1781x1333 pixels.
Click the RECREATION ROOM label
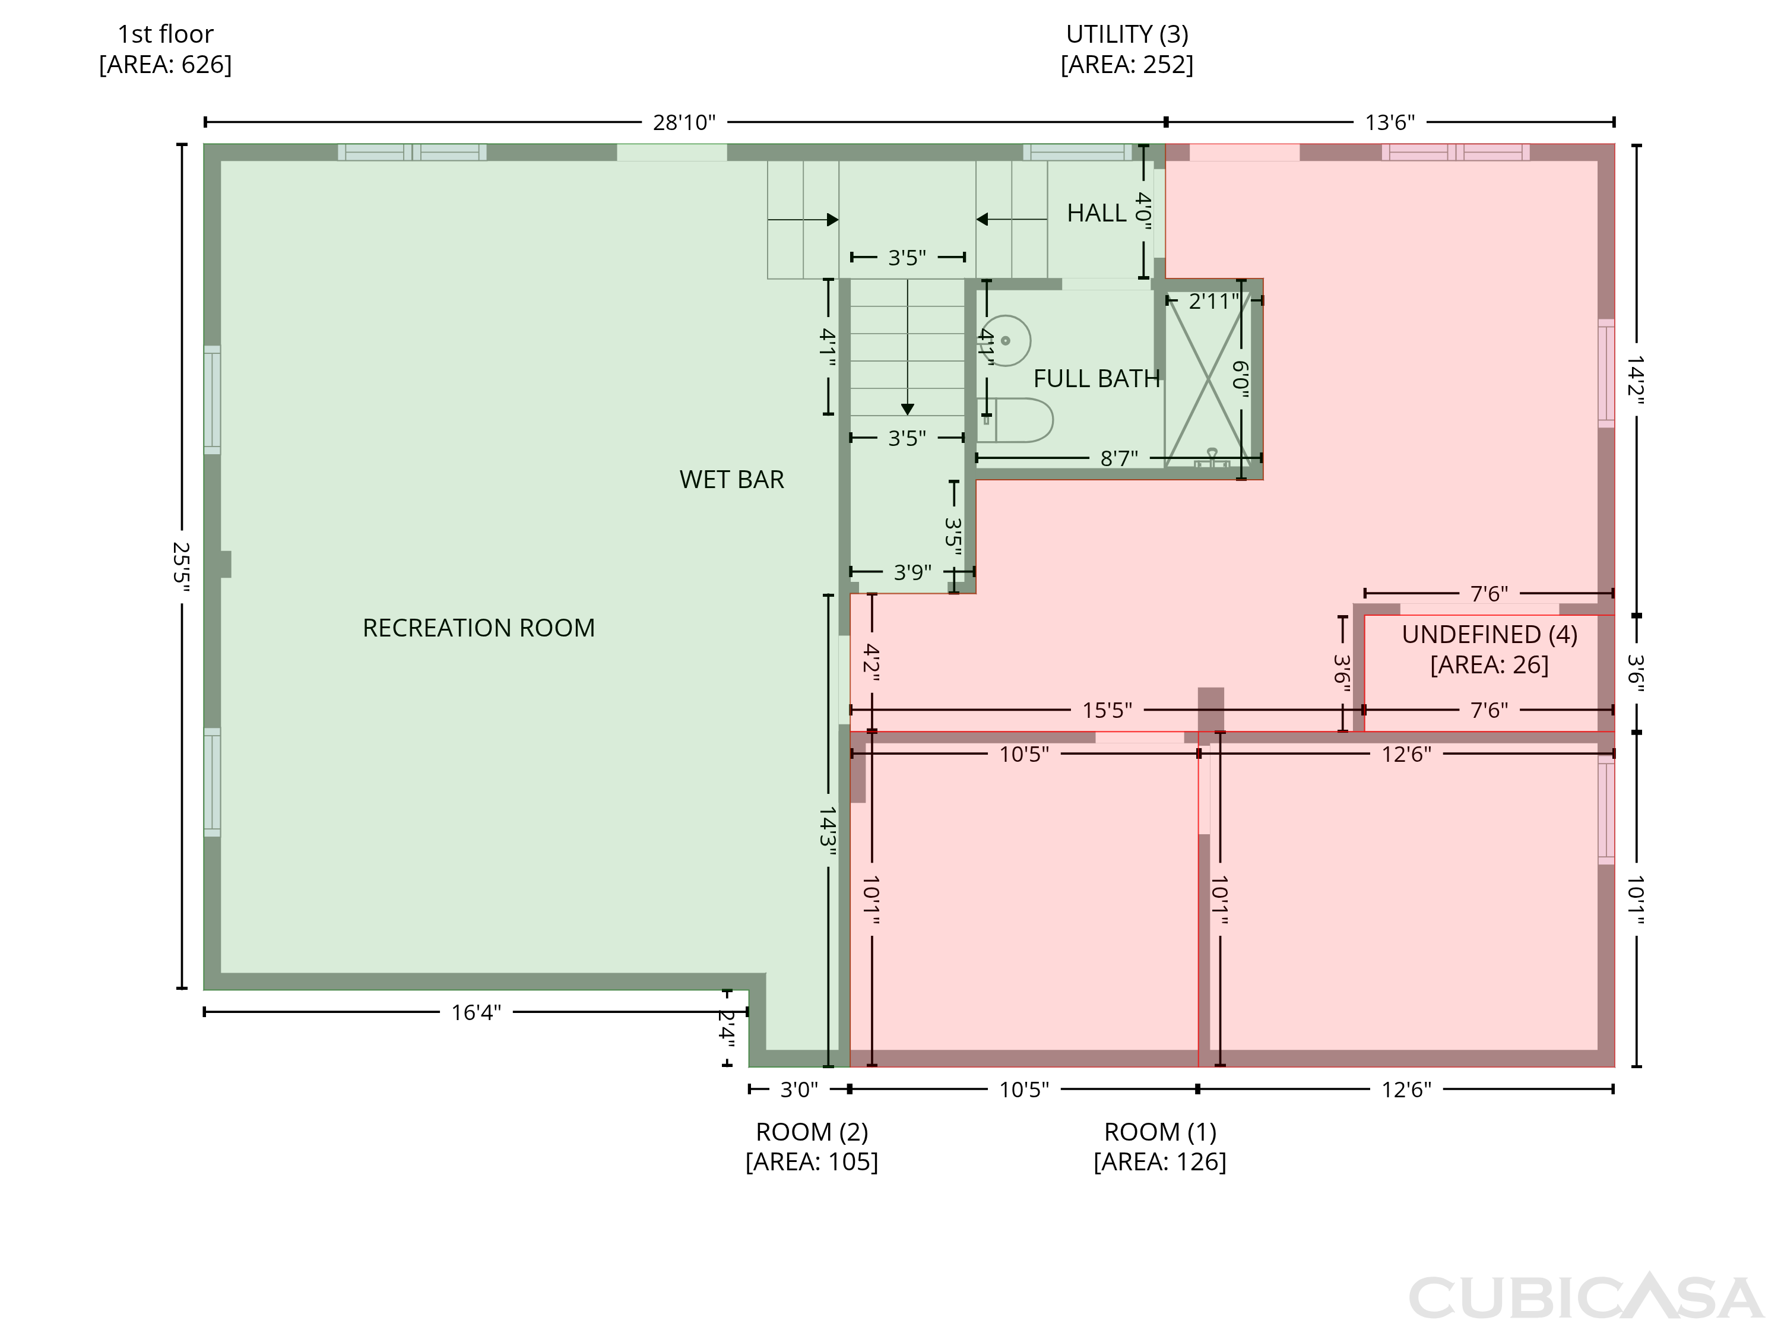[478, 628]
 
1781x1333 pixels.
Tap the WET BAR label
[731, 479]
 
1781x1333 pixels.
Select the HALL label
[1096, 213]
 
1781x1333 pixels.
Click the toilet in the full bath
[1016, 420]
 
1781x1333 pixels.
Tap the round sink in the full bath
[1006, 341]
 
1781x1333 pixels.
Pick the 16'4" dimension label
[476, 1012]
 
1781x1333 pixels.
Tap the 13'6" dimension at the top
[1390, 122]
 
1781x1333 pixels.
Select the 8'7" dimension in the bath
[1119, 458]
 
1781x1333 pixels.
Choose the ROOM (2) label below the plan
[812, 1132]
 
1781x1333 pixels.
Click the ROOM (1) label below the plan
[1159, 1132]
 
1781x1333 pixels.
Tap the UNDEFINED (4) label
[1490, 635]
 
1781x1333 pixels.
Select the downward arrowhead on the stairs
[907, 409]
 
